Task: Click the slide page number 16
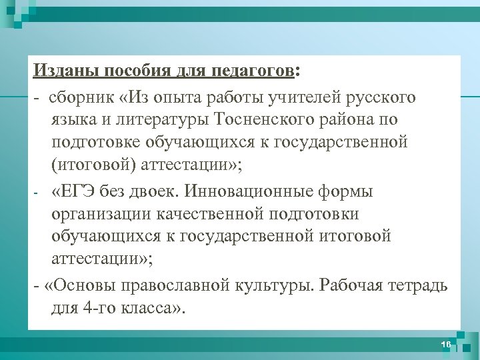pos(445,344)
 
